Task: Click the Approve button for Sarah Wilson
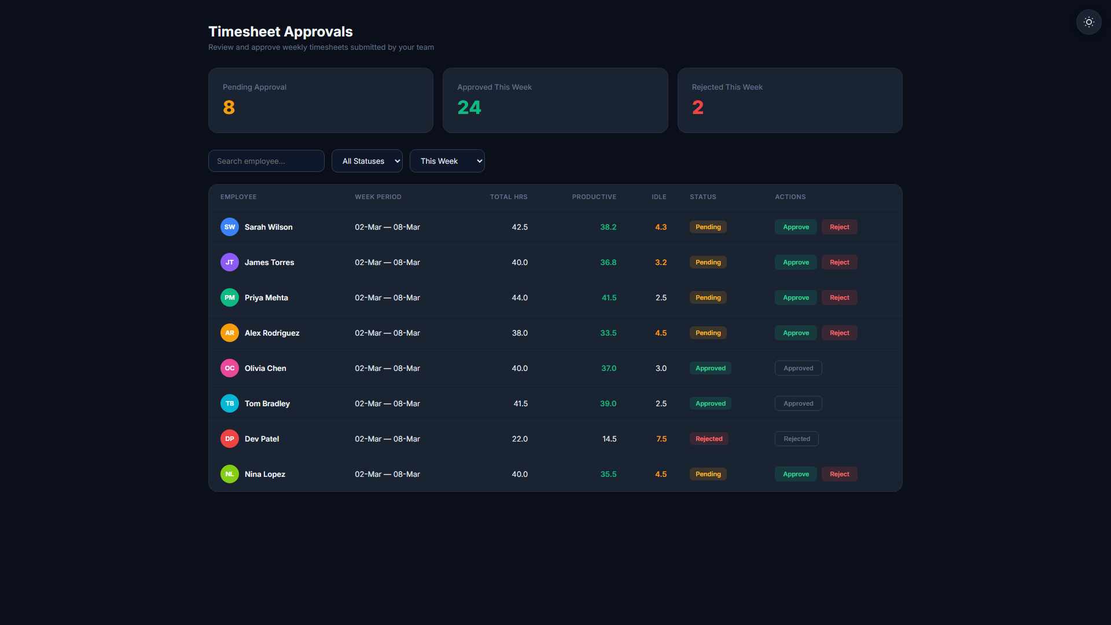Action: (796, 227)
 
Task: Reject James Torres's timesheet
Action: (839, 262)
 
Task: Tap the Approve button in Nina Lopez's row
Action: (796, 474)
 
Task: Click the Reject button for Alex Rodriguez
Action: (839, 333)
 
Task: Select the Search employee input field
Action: (266, 161)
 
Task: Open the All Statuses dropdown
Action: (367, 161)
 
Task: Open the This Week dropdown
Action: (447, 161)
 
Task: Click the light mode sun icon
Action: (1088, 22)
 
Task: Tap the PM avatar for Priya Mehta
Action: (230, 297)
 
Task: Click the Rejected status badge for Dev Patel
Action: (709, 439)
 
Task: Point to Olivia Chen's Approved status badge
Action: (710, 368)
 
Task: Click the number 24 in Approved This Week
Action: (469, 108)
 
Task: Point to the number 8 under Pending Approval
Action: (229, 108)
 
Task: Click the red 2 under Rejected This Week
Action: (698, 108)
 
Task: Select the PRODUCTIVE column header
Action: (594, 197)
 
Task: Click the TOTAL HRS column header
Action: (509, 197)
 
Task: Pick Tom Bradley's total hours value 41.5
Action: (520, 403)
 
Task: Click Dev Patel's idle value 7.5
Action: (661, 439)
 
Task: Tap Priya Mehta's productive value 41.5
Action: (609, 297)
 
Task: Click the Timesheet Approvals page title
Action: (281, 32)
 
